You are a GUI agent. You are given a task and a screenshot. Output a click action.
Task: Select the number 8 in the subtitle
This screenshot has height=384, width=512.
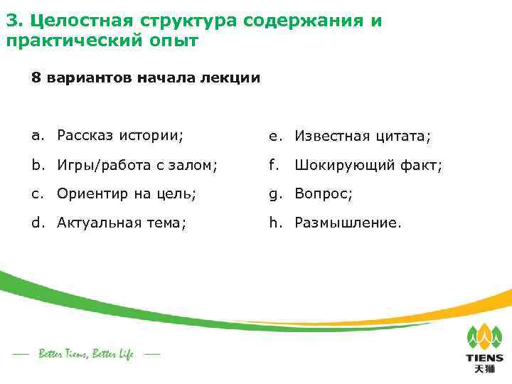36,78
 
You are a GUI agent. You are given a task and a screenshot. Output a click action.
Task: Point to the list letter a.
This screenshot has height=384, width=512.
34,135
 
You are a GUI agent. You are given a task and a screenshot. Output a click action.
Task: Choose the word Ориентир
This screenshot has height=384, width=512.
92,193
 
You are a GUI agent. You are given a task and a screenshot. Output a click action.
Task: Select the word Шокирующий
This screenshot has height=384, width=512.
344,165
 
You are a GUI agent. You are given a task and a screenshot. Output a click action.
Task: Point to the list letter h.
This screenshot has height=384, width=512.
273,223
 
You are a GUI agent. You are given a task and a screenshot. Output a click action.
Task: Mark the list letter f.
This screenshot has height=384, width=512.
272,165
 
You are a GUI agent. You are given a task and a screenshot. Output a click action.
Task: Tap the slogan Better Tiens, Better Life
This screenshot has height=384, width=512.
85,354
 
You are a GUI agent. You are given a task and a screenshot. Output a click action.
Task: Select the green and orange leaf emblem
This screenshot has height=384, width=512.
484,336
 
